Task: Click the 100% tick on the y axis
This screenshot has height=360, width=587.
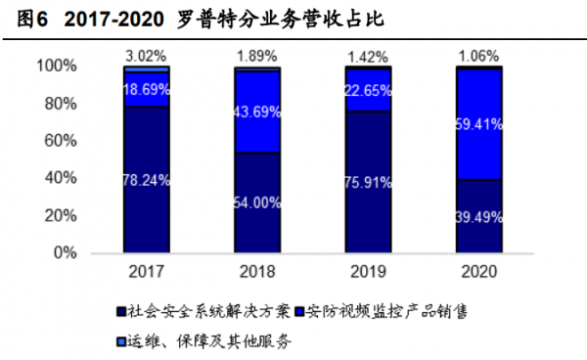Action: click(x=56, y=67)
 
